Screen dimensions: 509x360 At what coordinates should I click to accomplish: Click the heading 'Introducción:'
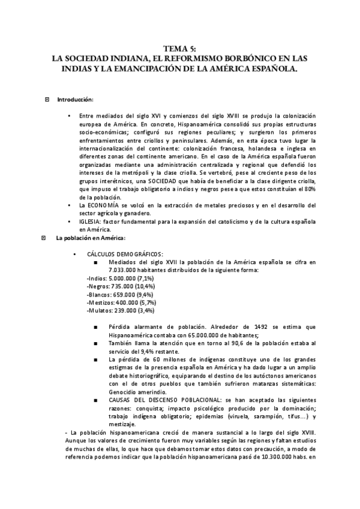point(75,99)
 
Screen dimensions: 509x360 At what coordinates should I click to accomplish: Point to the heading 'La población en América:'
point(91,238)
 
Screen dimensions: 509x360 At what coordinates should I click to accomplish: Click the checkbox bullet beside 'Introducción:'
point(47,99)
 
